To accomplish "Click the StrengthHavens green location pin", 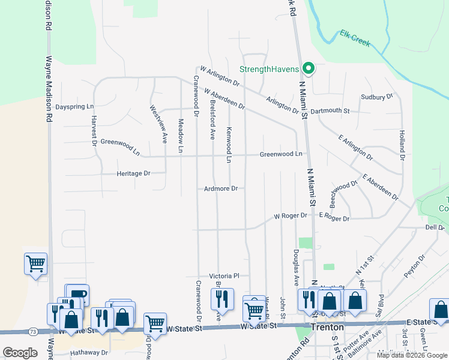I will tap(309, 69).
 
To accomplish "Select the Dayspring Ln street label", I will tap(74, 107).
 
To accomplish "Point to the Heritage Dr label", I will tap(133, 173).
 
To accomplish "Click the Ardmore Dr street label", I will tap(221, 188).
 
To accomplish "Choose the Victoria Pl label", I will tap(224, 275).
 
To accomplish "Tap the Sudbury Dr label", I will tap(376, 96).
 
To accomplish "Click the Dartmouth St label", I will tap(330, 110).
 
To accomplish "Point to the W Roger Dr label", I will tap(291, 216).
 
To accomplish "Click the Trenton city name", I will tap(327, 328).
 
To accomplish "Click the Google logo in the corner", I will tap(20, 353).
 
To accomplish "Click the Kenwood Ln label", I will tap(229, 145).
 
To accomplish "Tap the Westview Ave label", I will tap(158, 124).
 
